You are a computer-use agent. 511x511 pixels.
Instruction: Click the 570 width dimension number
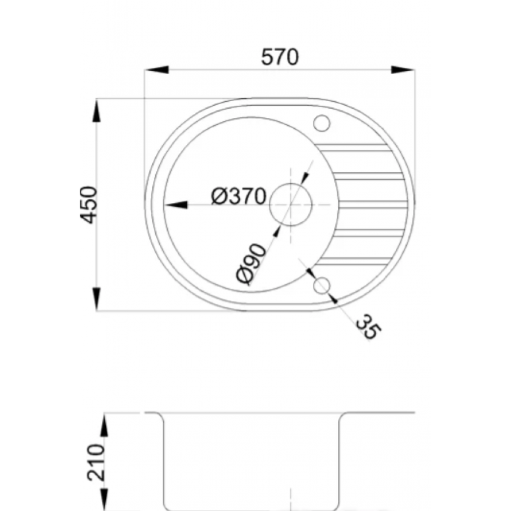pyautogui.click(x=280, y=57)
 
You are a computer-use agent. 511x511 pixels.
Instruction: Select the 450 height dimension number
pyautogui.click(x=88, y=205)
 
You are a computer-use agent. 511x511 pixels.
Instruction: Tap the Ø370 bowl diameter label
pyautogui.click(x=239, y=197)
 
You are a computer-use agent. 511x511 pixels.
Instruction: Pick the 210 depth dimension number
pyautogui.click(x=97, y=462)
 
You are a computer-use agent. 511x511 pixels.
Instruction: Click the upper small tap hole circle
pyautogui.click(x=321, y=123)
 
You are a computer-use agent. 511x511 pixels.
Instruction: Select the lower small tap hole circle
pyautogui.click(x=321, y=286)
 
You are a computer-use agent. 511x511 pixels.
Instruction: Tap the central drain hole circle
pyautogui.click(x=291, y=205)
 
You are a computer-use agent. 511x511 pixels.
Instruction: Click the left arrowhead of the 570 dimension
pyautogui.click(x=156, y=69)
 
